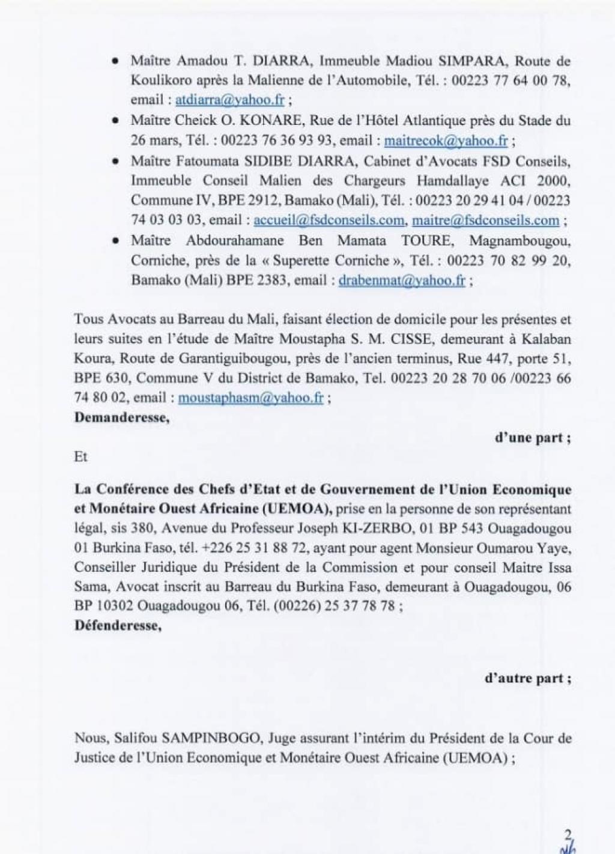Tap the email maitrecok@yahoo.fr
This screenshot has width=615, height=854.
point(446,141)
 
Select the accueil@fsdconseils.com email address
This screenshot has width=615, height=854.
point(329,220)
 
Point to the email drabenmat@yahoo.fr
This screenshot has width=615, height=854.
point(402,280)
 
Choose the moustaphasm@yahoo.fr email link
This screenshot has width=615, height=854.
point(251,398)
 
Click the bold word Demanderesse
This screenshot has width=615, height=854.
point(121,418)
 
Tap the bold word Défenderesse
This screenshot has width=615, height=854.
point(118,625)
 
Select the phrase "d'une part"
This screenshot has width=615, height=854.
point(532,438)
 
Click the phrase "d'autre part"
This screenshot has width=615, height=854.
point(527,679)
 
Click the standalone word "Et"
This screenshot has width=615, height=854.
point(81,457)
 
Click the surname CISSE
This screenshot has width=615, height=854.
point(413,339)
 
